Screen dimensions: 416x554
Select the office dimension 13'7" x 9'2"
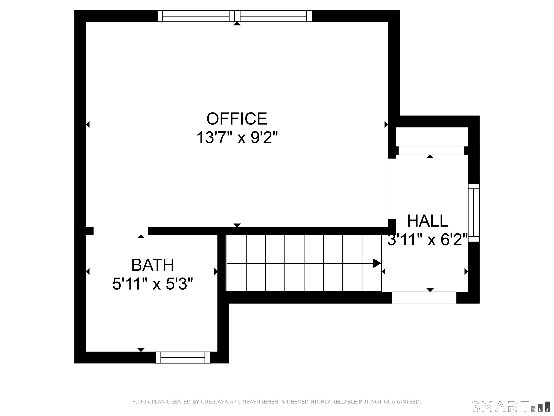coord(237,138)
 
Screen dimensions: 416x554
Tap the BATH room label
coord(153,265)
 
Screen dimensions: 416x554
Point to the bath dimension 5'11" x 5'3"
coord(153,284)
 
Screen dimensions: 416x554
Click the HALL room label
coord(428,221)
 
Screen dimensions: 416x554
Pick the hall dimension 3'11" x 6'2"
coord(428,240)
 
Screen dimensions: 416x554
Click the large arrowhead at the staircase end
coord(377,263)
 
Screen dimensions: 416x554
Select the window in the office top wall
coord(234,16)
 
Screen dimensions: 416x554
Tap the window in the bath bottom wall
coord(183,357)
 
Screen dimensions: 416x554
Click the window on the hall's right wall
coord(474,213)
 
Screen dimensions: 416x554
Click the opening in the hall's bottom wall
coord(424,298)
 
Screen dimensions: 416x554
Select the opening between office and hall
coord(392,188)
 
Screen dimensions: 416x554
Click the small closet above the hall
coord(432,137)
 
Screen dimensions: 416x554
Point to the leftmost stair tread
coord(236,263)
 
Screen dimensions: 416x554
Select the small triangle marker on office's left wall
coord(88,124)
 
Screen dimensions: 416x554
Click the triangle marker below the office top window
coord(237,24)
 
